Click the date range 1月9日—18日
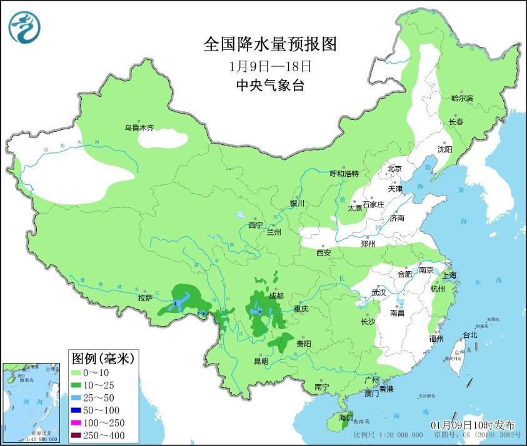tap(270, 66)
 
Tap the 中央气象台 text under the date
tap(270, 86)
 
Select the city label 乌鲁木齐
tap(138, 127)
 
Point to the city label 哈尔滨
tap(463, 98)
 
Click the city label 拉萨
tap(144, 298)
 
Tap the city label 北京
tap(394, 168)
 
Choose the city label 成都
tap(276, 295)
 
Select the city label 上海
tap(448, 275)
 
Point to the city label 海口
tap(346, 417)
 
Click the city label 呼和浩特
tap(344, 174)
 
